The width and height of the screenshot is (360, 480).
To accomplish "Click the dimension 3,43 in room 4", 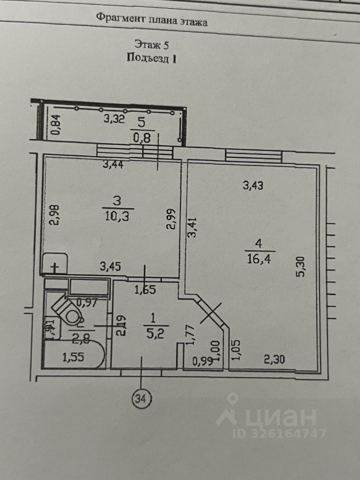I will point(253,185).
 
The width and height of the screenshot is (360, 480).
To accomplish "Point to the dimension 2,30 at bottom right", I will point(275,358).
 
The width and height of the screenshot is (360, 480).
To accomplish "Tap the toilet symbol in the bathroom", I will point(69,309).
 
